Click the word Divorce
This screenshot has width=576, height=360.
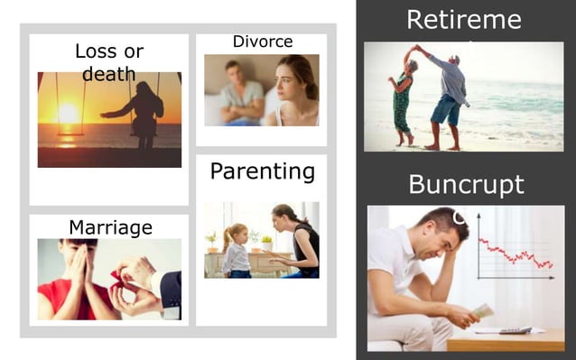[262, 42]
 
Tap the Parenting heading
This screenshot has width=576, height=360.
[262, 171]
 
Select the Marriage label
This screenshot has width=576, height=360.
[110, 226]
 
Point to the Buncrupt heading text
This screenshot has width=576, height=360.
[466, 184]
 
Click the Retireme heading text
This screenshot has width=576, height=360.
[464, 19]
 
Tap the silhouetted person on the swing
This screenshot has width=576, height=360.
[144, 110]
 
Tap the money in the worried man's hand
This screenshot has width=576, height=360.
[483, 310]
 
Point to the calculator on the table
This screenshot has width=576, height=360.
[516, 329]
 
